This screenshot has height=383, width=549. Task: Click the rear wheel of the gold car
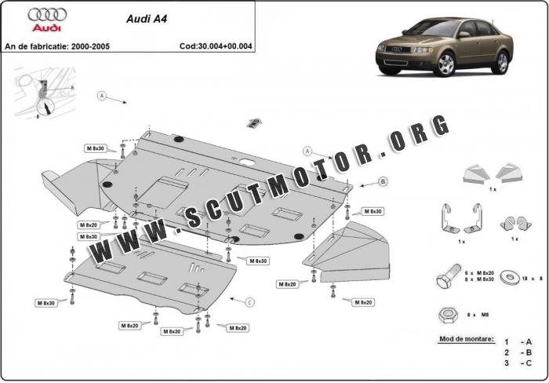(x=500, y=62)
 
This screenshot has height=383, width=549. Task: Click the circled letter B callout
(x=383, y=182)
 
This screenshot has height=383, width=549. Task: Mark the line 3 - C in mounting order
(x=518, y=363)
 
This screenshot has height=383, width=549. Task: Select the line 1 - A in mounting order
(x=518, y=342)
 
